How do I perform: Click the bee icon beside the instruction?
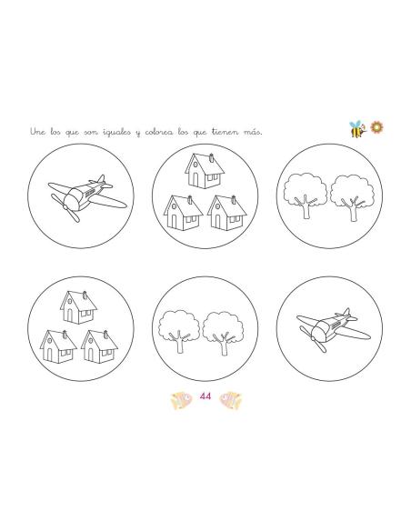point(357,129)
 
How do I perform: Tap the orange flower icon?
point(376,127)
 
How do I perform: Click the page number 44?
point(205,396)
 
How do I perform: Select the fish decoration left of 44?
point(181,401)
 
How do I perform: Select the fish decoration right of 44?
point(231,400)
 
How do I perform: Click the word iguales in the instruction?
point(116,132)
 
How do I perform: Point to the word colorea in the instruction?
point(159,132)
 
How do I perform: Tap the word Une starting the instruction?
point(37,132)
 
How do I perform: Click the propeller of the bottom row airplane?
point(313,339)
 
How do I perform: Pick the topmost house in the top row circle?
point(205,171)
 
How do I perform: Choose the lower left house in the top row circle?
point(183,213)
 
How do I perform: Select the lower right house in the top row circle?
point(226,213)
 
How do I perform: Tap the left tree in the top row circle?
point(305,195)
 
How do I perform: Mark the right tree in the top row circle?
point(352,197)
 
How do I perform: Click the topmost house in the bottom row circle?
point(78,307)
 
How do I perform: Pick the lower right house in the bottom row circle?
point(99,346)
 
